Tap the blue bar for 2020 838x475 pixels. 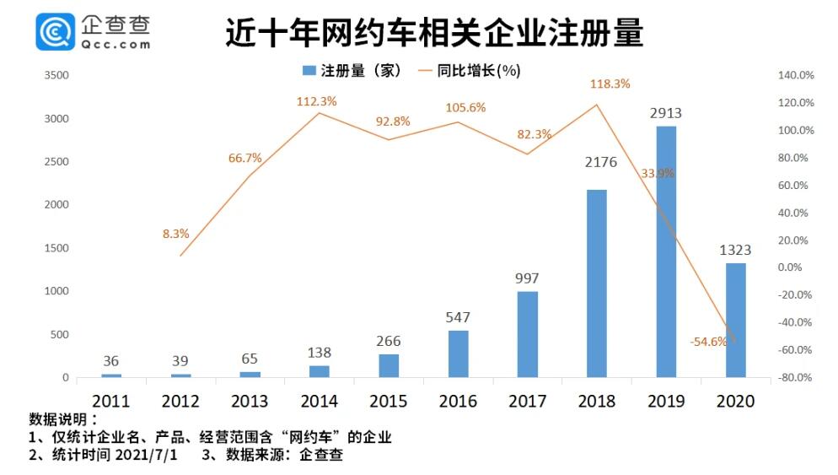coord(735,320)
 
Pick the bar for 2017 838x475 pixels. coord(527,334)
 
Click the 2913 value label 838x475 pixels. coord(665,113)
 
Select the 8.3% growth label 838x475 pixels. coord(176,234)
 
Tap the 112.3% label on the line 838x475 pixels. coord(316,101)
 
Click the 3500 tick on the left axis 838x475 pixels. coord(56,75)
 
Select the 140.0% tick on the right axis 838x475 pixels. coord(796,75)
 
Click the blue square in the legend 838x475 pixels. coord(309,71)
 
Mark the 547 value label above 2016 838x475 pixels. coord(457,317)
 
